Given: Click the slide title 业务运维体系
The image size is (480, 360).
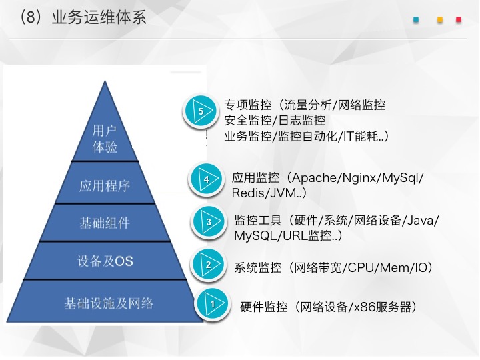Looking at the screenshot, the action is tap(99, 17).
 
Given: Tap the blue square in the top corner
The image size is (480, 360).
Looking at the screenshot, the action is tap(416, 20).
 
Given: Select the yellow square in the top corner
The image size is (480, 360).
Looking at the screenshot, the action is tap(440, 20).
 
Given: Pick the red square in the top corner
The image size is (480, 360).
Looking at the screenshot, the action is tap(459, 20).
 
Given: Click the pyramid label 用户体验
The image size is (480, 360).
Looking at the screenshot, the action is tap(105, 139).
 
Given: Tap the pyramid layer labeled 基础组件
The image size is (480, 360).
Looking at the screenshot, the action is tap(105, 223).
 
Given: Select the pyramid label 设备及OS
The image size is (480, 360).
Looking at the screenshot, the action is tap(105, 261).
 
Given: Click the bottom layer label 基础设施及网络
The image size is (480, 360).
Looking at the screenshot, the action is tap(109, 303).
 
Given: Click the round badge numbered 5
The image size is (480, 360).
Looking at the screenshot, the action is tap(201, 111).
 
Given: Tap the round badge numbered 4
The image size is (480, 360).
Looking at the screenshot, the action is tap(206, 179).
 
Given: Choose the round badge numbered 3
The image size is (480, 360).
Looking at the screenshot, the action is tap(209, 221).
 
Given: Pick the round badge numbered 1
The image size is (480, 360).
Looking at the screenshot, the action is tap(213, 304).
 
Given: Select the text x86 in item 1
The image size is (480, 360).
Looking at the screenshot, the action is tap(365, 307).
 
